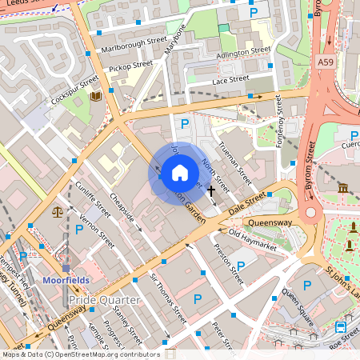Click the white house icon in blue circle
point(180,172)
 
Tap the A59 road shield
point(325,62)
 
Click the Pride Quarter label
point(104,300)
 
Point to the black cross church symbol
point(211,190)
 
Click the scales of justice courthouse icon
point(57,212)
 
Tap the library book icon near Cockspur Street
point(96,97)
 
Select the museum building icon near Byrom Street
point(343,188)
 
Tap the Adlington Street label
point(244,50)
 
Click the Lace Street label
point(230,81)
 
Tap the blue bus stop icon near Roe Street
point(341,326)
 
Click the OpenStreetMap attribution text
point(81,354)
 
